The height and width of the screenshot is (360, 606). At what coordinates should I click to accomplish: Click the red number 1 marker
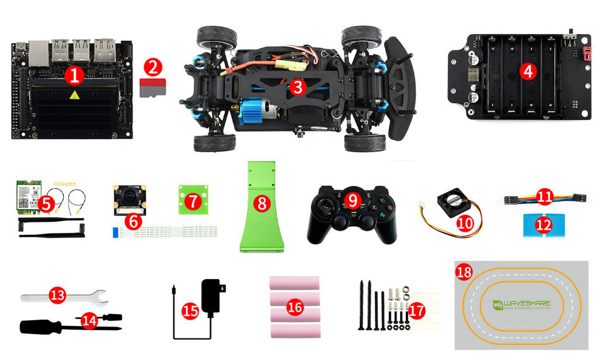click(75, 76)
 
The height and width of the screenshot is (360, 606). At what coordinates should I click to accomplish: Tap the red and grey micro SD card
click(151, 87)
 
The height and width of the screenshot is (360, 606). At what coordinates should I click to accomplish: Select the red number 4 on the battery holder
click(528, 71)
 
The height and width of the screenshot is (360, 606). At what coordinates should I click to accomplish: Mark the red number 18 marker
click(463, 272)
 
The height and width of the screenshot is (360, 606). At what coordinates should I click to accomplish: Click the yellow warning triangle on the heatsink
click(75, 96)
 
